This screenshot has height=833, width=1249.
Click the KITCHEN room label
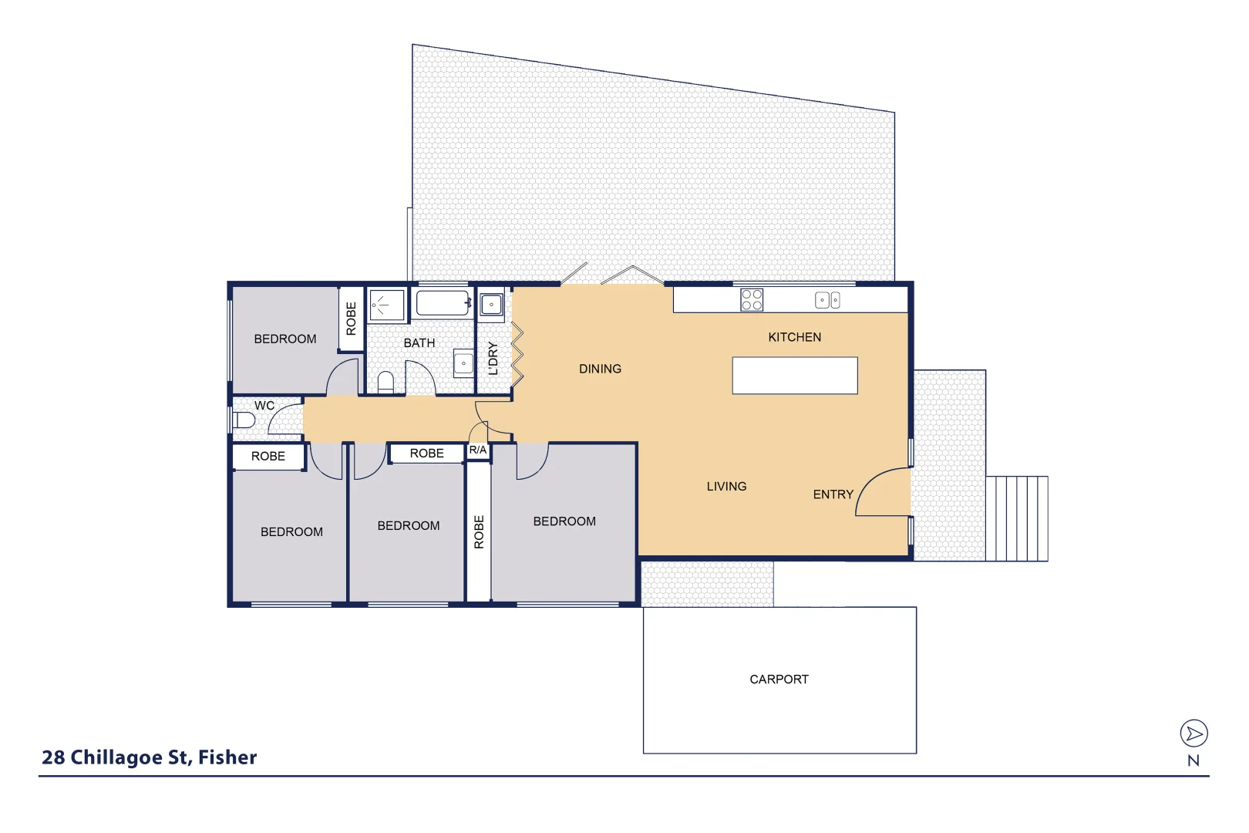tap(794, 337)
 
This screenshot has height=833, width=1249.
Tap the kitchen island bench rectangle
tap(794, 376)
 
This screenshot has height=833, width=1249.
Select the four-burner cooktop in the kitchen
tap(752, 300)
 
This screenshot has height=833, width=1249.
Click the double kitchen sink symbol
tap(827, 301)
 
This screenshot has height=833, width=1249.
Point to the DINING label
tap(600, 369)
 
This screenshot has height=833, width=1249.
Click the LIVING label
tap(726, 486)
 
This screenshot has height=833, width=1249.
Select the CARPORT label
tap(779, 680)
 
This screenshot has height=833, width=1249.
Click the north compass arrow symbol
tap(1193, 734)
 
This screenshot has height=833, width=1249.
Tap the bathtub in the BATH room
tap(443, 303)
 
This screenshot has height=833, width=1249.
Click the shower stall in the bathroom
tap(386, 305)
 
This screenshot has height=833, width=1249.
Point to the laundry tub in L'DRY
tap(491, 305)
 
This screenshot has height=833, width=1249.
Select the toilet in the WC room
tap(244, 420)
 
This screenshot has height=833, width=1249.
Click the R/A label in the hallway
tap(478, 450)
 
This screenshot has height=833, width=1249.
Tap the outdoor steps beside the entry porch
tap(1016, 518)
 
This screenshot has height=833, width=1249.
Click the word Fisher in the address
tap(227, 757)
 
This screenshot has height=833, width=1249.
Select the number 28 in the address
tap(53, 757)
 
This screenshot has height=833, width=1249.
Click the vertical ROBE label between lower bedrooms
tap(479, 532)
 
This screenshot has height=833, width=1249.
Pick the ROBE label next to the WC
tap(268, 457)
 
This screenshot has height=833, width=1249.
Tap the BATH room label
tap(419, 342)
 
